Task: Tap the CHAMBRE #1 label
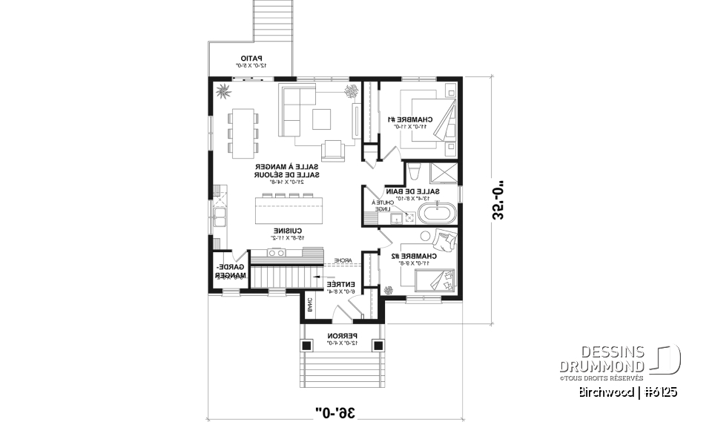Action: pyautogui.click(x=409, y=120)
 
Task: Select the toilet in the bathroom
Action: pyautogui.click(x=415, y=171)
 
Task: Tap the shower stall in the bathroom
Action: pyautogui.click(x=444, y=172)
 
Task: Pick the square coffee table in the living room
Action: pyautogui.click(x=323, y=119)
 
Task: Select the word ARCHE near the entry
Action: pyautogui.click(x=342, y=261)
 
